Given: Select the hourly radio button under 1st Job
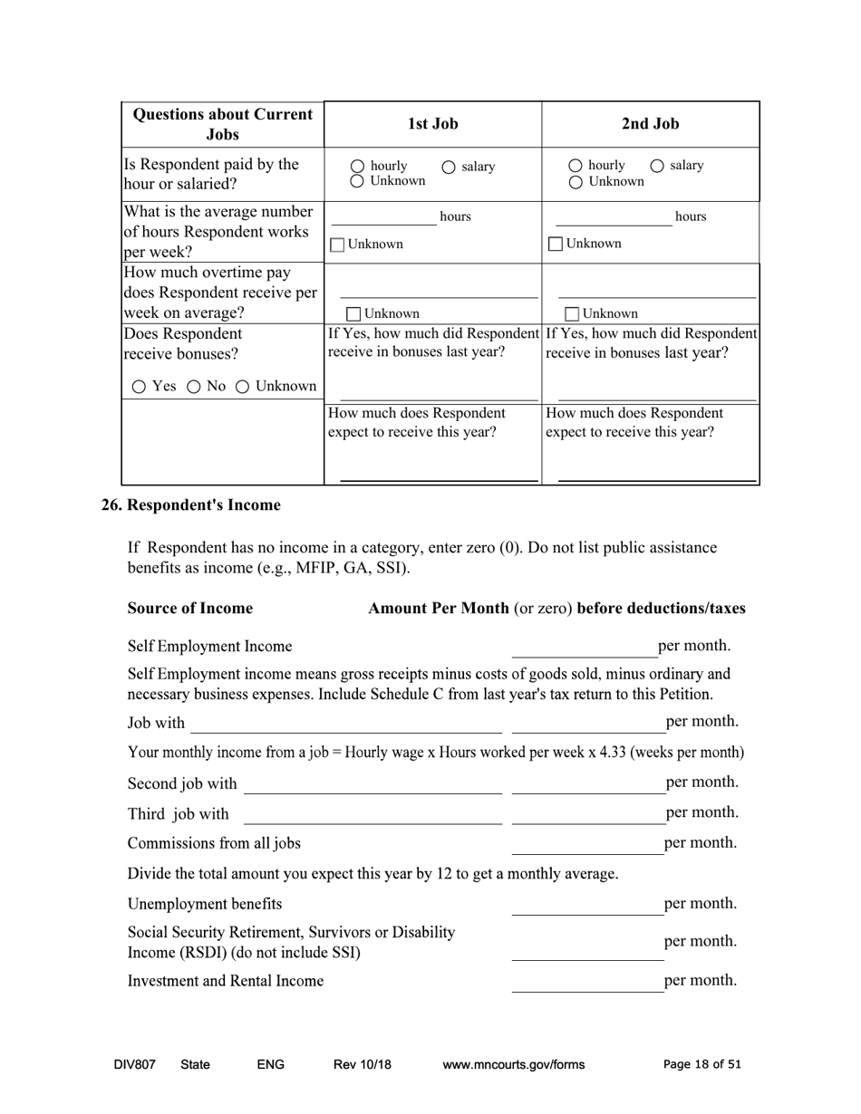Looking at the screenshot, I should point(357,167).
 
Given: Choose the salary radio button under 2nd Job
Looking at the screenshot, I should point(657,166).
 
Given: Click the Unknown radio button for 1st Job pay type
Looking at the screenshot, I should point(357,181).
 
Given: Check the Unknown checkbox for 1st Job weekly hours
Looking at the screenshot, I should point(337,245).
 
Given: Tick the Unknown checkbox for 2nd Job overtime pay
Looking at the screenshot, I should point(572,314).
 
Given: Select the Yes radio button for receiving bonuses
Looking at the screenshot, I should point(139,387).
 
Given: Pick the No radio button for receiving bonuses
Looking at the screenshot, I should point(193,387).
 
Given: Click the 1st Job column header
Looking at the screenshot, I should point(432,124).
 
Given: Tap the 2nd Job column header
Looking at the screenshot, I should point(650,124).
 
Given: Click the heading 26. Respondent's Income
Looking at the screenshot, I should point(190,505).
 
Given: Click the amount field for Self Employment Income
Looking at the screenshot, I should point(584,648).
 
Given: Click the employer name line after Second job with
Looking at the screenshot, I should point(372,784).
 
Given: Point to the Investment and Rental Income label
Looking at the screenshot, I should point(225,981).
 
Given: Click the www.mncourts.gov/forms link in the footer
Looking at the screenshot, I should point(513,1065).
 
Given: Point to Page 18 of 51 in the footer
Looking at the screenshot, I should point(701,1065).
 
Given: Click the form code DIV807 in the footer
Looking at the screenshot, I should point(134,1065).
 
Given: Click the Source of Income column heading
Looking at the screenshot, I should point(189,609).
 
